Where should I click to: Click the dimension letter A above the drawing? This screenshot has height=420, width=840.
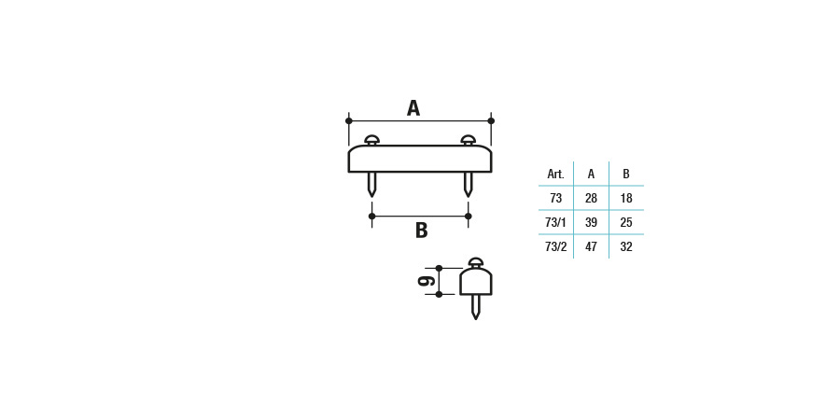(413, 108)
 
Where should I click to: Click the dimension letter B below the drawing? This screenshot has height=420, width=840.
(421, 231)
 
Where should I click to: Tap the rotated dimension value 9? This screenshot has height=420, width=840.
(427, 281)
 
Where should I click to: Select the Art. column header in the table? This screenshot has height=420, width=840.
(555, 175)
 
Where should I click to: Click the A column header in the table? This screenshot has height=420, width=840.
(591, 175)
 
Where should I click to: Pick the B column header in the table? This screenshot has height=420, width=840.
(626, 175)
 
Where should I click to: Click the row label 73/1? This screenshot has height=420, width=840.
(555, 222)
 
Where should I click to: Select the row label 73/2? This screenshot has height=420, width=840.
(555, 247)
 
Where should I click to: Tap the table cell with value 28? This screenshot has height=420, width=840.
(591, 198)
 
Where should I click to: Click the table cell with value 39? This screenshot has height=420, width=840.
(591, 222)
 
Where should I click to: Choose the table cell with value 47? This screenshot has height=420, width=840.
(591, 247)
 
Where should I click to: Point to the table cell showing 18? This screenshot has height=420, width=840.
(626, 198)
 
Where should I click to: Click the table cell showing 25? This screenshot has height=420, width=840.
(626, 222)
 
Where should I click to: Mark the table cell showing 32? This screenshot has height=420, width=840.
(626, 247)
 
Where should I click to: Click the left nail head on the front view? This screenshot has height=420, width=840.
(371, 140)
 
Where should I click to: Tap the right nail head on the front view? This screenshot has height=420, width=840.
(469, 140)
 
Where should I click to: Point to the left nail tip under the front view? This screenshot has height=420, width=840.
(371, 197)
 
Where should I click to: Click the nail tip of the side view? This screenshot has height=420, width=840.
(475, 319)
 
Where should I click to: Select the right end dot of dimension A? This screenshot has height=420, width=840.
(491, 120)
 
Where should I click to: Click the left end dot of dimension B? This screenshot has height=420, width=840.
(371, 216)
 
